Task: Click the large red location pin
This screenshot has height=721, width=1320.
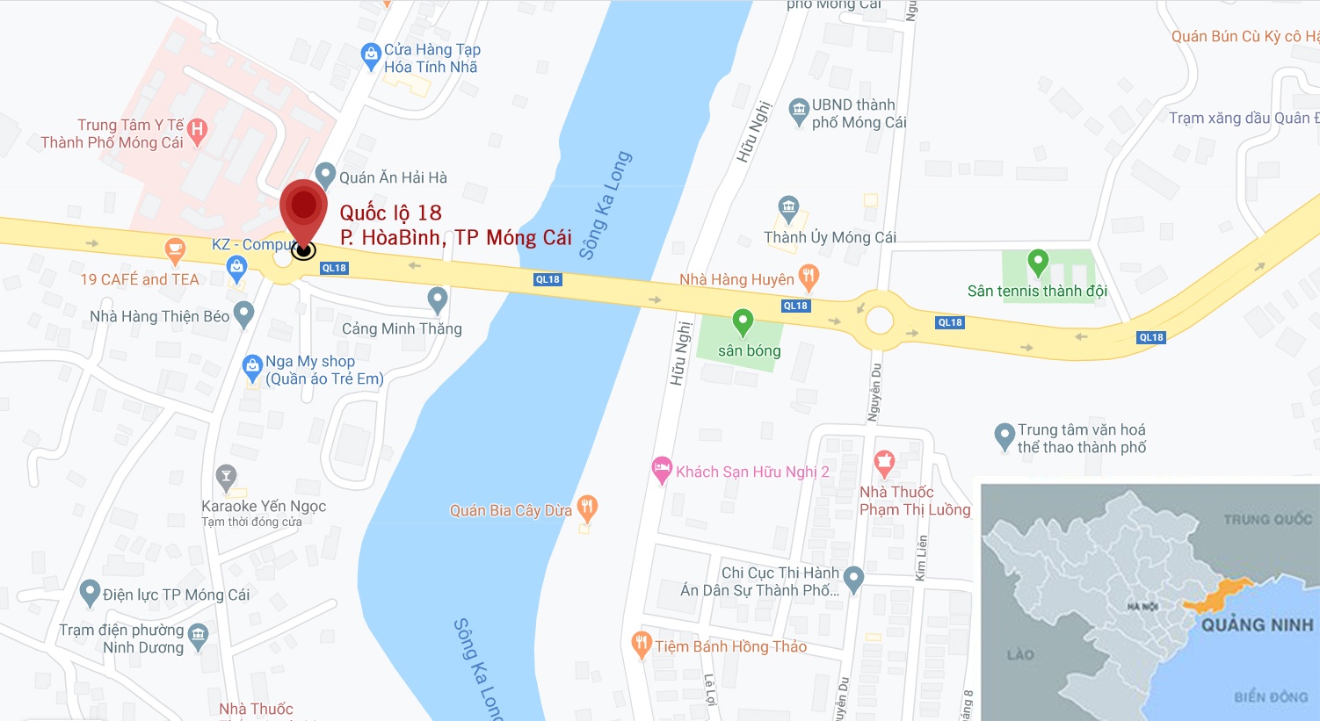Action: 303,207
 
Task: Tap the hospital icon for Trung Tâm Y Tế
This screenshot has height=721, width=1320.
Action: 198,131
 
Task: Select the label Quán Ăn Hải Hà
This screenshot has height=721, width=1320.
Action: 393,177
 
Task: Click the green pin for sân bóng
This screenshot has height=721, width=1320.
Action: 743,321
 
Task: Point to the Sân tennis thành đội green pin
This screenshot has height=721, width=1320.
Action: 1038,262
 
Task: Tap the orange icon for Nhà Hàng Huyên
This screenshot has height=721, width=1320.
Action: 809,277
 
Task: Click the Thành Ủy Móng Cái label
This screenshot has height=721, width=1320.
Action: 830,237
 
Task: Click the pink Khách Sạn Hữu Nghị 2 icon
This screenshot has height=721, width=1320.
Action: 662,469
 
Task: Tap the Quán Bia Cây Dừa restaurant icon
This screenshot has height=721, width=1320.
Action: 588,507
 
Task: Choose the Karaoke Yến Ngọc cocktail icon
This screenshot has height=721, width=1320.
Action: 226,478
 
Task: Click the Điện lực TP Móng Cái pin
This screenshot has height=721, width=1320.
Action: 90,593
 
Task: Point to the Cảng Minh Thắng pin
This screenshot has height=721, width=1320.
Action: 437,299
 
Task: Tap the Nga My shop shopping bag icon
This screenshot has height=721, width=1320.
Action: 252,367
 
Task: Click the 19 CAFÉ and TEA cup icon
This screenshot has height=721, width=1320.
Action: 175,249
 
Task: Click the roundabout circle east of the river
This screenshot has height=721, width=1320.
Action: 879,320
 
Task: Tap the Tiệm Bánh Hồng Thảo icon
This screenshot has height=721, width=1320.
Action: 642,645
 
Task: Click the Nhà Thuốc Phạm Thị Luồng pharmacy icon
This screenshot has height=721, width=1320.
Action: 884,461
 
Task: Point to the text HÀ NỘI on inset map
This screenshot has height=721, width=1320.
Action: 1142,606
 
